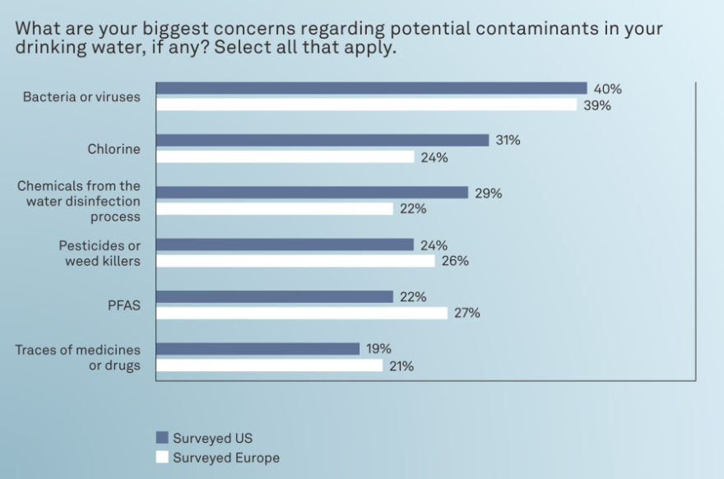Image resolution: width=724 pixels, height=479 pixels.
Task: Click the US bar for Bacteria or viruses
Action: pyautogui.click(x=371, y=89)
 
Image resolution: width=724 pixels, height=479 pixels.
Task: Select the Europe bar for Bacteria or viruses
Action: pyautogui.click(x=366, y=105)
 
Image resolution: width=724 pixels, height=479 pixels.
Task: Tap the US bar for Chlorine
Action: pyautogui.click(x=322, y=141)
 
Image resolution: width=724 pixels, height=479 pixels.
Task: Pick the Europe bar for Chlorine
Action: pyautogui.click(x=285, y=156)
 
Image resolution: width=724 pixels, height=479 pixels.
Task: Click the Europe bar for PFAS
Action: pyautogui.click(x=301, y=313)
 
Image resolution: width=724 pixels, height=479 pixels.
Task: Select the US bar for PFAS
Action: pyautogui.click(x=274, y=297)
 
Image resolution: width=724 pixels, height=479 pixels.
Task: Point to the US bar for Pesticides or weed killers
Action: pyautogui.click(x=285, y=245)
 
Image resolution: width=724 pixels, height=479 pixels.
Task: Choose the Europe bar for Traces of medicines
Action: pyautogui.click(x=269, y=365)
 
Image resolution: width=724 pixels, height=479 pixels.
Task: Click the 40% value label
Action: pyautogui.click(x=607, y=89)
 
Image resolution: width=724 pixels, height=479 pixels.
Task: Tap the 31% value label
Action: pyautogui.click(x=508, y=141)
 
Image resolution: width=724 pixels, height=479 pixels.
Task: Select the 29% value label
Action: pyautogui.click(x=488, y=193)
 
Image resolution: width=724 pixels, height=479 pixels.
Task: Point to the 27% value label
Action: pyautogui.click(x=467, y=313)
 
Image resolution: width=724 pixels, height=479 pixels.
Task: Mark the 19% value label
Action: pyautogui.click(x=379, y=349)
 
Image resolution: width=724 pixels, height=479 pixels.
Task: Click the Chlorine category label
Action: pyautogui.click(x=114, y=149)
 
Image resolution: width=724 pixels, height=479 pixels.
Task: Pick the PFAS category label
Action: pyautogui.click(x=124, y=305)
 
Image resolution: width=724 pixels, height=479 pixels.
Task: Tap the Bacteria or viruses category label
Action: pyautogui.click(x=81, y=97)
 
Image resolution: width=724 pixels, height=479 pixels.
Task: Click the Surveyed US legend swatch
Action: pyautogui.click(x=162, y=438)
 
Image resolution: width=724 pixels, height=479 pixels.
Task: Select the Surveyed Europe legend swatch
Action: pyautogui.click(x=162, y=458)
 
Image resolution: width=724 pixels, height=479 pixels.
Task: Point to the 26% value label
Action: pyautogui.click(x=455, y=261)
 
